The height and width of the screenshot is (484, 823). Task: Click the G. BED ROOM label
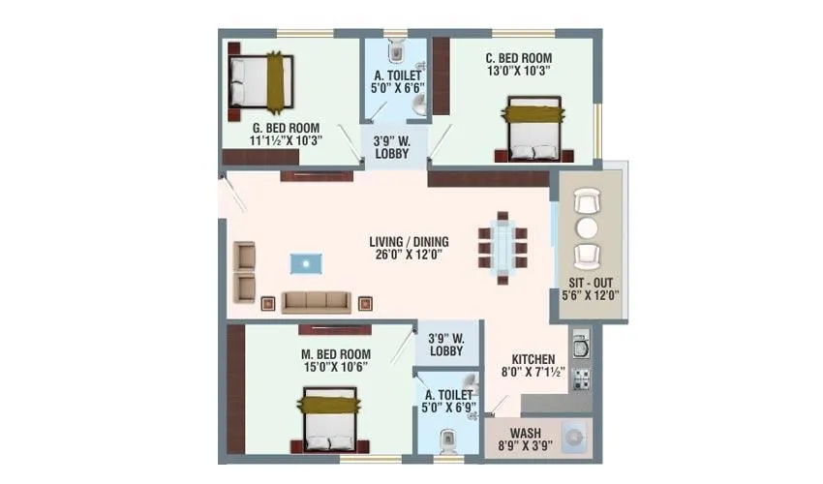(x=287, y=127)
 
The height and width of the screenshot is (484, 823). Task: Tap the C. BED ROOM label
(x=518, y=57)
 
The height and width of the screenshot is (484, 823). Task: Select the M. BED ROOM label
(x=336, y=351)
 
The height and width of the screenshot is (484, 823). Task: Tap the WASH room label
(x=525, y=433)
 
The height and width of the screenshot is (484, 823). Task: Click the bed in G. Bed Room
(x=259, y=82)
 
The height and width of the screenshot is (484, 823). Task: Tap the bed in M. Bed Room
(x=328, y=419)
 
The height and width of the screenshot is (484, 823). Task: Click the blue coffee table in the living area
(x=306, y=262)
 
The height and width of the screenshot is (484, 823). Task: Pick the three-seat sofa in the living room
(x=316, y=301)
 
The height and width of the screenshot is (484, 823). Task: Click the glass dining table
(x=503, y=246)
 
